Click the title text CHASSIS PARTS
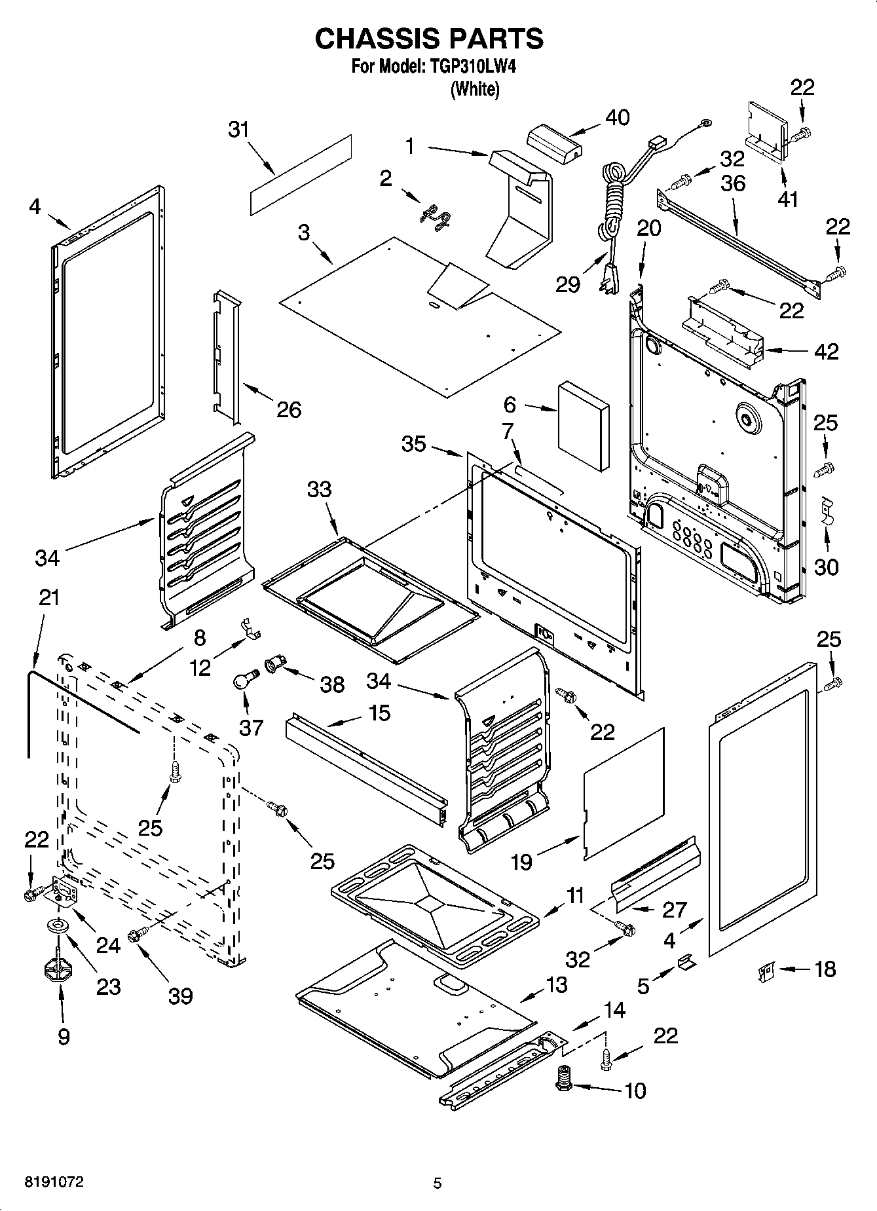coord(429,39)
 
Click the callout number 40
coord(617,118)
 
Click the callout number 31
coord(239,130)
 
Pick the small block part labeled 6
coord(583,426)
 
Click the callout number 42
coord(826,352)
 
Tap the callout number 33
coord(320,489)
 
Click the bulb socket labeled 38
coord(273,665)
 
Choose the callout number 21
coord(49,597)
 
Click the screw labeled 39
coord(139,935)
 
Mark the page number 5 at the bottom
coord(438,1183)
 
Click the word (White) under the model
coord(475,90)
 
